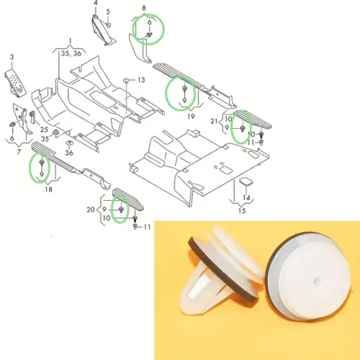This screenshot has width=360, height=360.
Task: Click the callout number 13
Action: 141,80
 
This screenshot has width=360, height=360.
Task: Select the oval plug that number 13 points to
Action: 126,80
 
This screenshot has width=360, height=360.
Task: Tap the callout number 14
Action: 246,197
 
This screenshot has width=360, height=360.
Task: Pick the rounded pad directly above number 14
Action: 246,181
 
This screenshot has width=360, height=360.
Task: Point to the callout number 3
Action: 12,57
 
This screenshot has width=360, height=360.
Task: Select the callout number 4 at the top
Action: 96,3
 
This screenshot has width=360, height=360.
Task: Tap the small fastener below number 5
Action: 108,24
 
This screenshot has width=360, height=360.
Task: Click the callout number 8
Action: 144,8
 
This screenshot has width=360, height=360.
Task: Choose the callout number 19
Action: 191,117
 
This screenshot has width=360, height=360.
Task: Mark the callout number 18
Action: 48,189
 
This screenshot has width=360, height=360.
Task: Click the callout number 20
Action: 91,210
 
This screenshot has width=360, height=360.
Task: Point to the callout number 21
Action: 214,122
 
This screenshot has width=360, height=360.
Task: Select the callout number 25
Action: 44,130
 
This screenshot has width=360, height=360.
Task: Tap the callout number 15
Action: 242,211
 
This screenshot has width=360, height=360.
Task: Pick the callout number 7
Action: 19,152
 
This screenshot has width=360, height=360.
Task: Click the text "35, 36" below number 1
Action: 71,53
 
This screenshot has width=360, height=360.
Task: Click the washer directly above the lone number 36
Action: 69,143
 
